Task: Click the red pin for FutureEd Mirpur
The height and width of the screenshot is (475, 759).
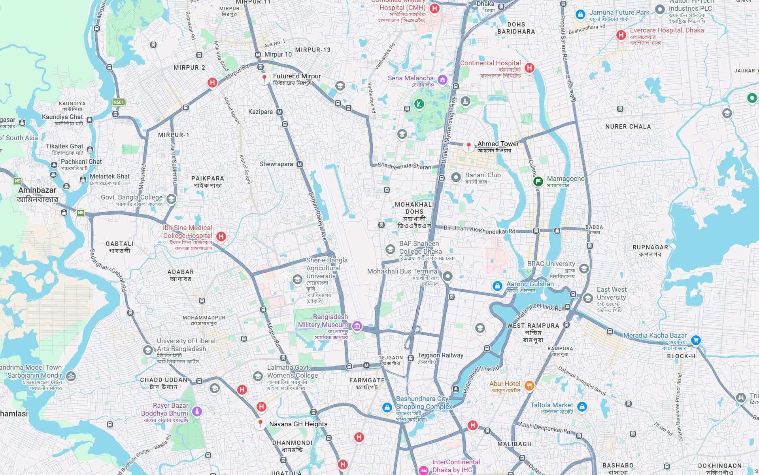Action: [264, 78]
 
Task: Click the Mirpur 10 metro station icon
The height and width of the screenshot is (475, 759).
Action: [258, 55]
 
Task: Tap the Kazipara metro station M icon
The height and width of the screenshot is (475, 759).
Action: [279, 112]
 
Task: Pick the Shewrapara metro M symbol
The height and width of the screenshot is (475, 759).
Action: [299, 164]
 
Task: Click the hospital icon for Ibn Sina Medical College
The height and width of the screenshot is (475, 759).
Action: [221, 236]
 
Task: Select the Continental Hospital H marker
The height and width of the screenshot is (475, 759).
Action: [529, 68]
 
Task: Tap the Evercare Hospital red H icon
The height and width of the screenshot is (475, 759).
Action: [621, 35]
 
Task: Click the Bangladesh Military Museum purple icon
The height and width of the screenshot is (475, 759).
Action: [357, 326]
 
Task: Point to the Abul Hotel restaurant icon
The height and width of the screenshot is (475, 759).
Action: [529, 385]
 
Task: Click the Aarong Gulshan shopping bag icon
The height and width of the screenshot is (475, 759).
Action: [497, 286]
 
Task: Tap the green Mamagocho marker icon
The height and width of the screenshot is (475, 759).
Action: [538, 181]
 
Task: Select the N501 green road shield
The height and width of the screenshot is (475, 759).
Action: [118, 102]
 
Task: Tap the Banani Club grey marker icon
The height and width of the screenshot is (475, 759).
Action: [456, 177]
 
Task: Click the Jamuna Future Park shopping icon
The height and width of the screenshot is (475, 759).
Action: [580, 15]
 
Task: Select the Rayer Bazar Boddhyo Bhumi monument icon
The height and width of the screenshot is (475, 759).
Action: [197, 411]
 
